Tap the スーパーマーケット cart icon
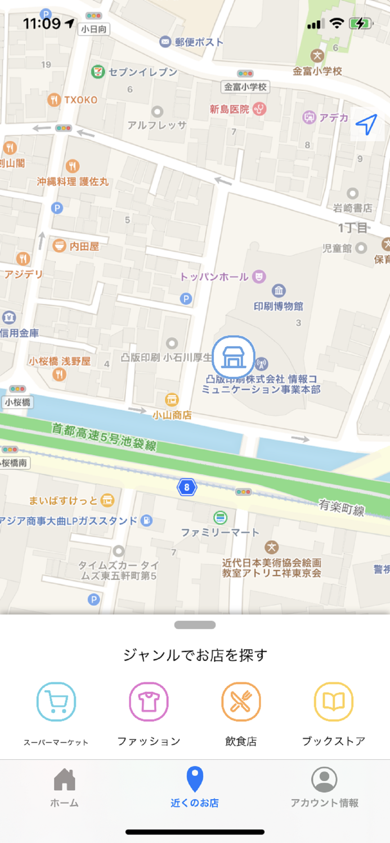(56, 701)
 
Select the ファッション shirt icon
(149, 701)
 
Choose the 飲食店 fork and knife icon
(241, 701)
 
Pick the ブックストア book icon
(333, 701)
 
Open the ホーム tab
(64, 787)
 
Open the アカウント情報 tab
(324, 787)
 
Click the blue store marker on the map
(233, 357)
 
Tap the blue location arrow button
(366, 124)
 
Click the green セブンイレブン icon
(97, 72)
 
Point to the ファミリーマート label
(220, 532)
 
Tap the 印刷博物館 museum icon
(279, 291)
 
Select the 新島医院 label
(229, 109)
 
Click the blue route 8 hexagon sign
(186, 487)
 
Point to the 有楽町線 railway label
(341, 507)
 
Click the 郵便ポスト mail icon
(165, 42)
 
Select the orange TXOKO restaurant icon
(54, 100)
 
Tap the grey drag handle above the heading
(195, 625)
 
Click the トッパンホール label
(214, 277)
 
